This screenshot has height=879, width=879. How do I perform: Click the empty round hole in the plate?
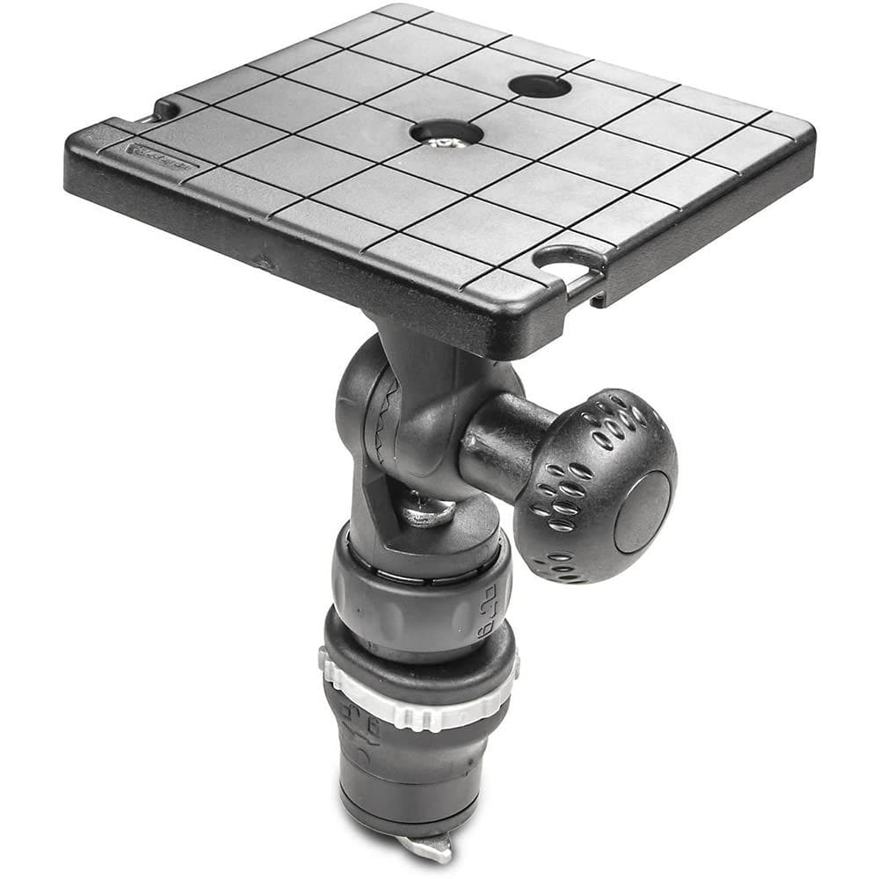click(x=539, y=86)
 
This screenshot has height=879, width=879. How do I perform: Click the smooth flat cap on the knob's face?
click(x=642, y=511)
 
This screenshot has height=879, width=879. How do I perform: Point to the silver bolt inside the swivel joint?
click(x=431, y=511)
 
